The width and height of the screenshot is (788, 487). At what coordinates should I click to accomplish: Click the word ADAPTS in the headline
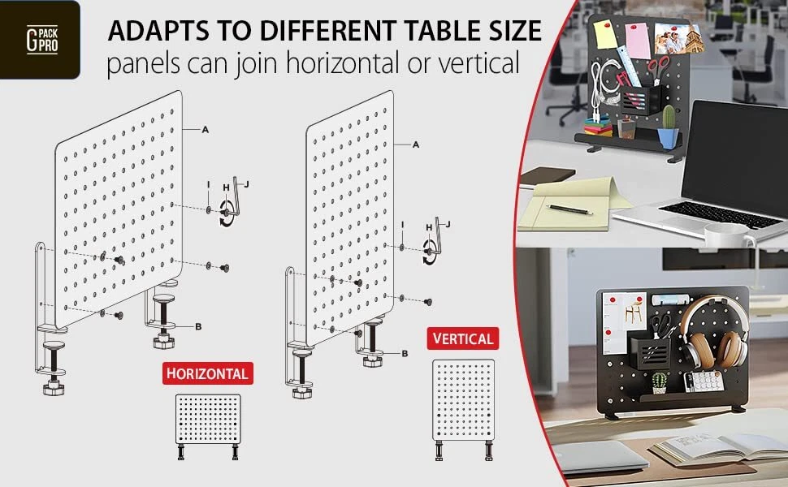tap(158, 31)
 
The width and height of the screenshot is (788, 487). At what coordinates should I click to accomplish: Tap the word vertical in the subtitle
tap(478, 63)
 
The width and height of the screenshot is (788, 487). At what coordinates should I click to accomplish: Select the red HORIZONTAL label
tap(207, 373)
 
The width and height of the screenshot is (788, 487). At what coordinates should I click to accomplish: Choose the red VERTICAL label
tap(463, 338)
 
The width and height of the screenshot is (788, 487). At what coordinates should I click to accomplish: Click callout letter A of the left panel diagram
tap(205, 130)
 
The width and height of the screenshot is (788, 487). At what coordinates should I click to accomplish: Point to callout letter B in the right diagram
tap(405, 353)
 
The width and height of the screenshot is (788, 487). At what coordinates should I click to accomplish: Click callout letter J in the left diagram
tap(246, 184)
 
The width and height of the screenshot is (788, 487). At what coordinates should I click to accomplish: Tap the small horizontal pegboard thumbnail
tap(208, 426)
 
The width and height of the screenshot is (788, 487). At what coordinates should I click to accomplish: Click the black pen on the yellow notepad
tap(569, 209)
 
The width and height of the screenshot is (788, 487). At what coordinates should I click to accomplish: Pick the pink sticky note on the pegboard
tap(638, 41)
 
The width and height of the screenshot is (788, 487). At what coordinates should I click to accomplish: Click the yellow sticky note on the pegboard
tap(605, 34)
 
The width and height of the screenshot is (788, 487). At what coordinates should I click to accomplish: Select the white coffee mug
tap(727, 236)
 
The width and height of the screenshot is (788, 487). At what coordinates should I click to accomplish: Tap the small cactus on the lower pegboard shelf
tap(660, 382)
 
